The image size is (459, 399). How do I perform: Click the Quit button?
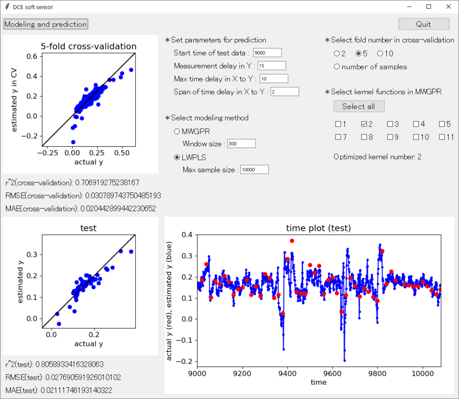(424, 24)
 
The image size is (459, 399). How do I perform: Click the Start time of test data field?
(267, 53)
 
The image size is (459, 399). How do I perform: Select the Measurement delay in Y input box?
(272, 66)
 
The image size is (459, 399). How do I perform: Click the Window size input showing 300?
(242, 144)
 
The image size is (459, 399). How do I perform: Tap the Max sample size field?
(255, 170)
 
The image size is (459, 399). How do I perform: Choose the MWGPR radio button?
(177, 132)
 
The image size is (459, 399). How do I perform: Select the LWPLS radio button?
(177, 158)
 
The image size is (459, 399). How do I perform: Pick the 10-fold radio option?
(380, 53)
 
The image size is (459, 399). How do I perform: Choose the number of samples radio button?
(337, 66)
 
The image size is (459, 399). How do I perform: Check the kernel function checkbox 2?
(364, 124)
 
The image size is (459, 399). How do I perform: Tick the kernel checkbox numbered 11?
(442, 137)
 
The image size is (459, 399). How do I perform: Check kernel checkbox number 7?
(338, 137)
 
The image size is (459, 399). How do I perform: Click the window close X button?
(448, 6)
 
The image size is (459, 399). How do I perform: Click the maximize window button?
(429, 6)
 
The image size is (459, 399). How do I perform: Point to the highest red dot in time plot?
(292, 241)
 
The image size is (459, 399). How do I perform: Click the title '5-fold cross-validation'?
(88, 46)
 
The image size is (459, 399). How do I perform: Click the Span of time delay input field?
(285, 92)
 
